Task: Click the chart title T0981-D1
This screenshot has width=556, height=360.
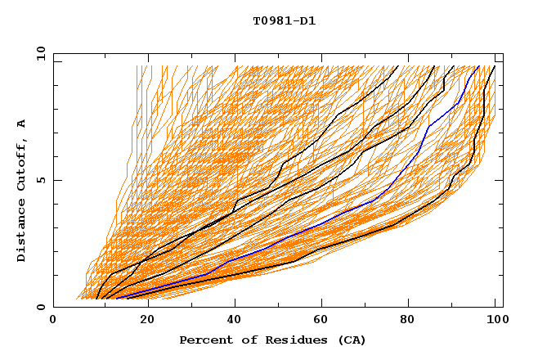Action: coord(285,21)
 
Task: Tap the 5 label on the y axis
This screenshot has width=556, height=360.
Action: coord(40,180)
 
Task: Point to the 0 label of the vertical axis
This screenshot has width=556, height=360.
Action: coord(40,308)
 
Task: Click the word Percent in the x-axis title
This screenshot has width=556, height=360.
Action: coord(204,340)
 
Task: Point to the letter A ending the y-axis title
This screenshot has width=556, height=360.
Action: coord(22,123)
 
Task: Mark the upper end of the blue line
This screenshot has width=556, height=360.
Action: coord(478,67)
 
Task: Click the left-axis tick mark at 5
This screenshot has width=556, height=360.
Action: coord(56,180)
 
